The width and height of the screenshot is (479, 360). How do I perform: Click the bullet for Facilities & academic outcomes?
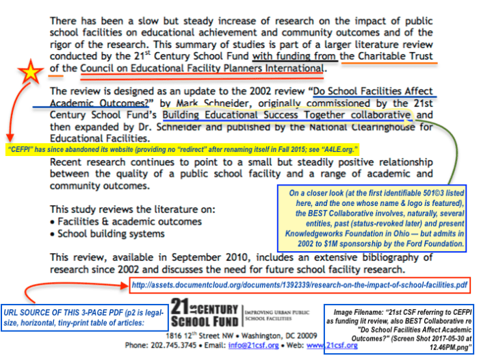pyautogui.click(x=53, y=222)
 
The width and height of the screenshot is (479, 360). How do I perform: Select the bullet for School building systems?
pyautogui.click(x=53, y=233)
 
